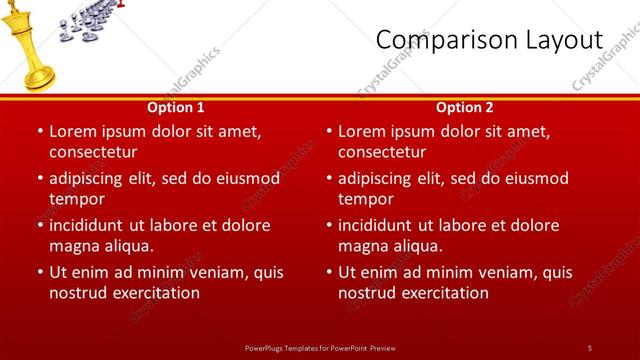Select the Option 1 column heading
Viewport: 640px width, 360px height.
pyautogui.click(x=176, y=107)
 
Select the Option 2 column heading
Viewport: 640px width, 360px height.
pyautogui.click(x=465, y=107)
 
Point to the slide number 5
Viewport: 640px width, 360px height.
pyautogui.click(x=589, y=347)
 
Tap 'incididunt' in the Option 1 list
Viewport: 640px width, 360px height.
pyautogui.click(x=90, y=225)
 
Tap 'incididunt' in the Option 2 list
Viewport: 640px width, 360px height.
pyautogui.click(x=379, y=225)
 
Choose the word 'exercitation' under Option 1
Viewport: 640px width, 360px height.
pyautogui.click(x=156, y=293)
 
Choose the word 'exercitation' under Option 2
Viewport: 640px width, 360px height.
pyautogui.click(x=445, y=293)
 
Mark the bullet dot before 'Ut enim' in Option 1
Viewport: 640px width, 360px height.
pyautogui.click(x=39, y=272)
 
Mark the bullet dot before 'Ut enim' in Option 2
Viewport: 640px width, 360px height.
pyautogui.click(x=328, y=272)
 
